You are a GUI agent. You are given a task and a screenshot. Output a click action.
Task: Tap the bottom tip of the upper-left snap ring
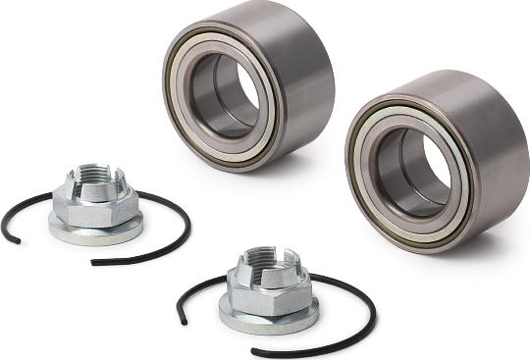pos(94,262)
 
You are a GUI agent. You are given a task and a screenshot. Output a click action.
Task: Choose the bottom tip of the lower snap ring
pos(254,352)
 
